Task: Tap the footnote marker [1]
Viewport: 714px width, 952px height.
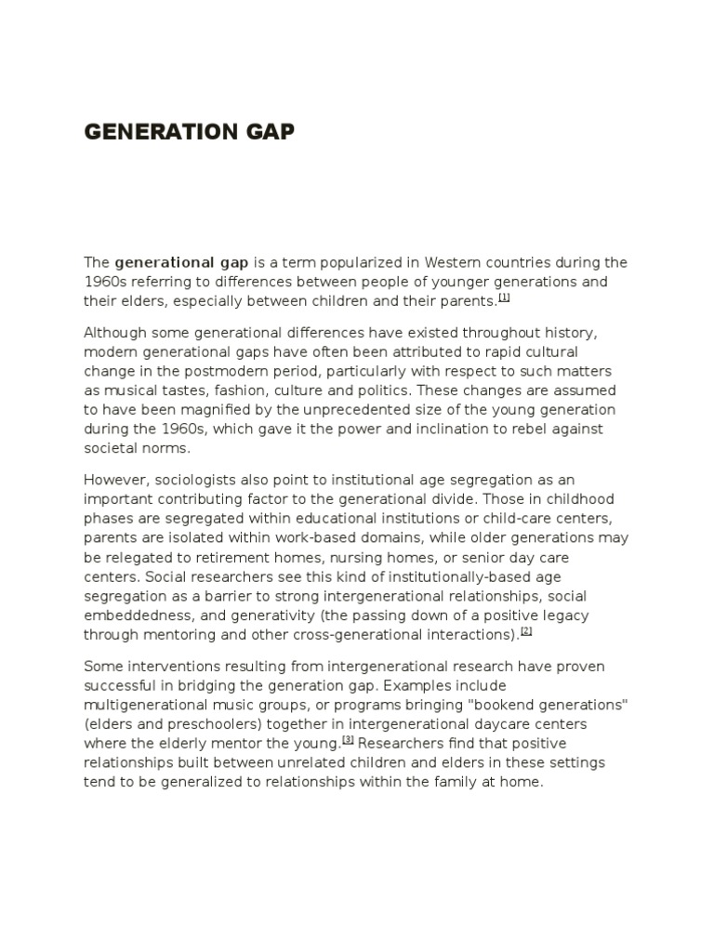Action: point(504,297)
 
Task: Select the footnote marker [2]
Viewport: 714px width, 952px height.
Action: point(526,631)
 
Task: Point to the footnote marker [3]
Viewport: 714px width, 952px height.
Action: point(348,740)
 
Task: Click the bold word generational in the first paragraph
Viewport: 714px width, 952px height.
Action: point(163,262)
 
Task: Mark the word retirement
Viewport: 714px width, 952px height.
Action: point(219,558)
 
